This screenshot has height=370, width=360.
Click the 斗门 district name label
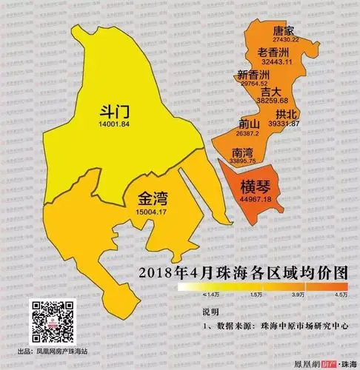(x=115, y=112)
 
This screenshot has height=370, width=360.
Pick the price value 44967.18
(x=252, y=199)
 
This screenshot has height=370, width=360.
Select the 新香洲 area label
(x=254, y=75)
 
